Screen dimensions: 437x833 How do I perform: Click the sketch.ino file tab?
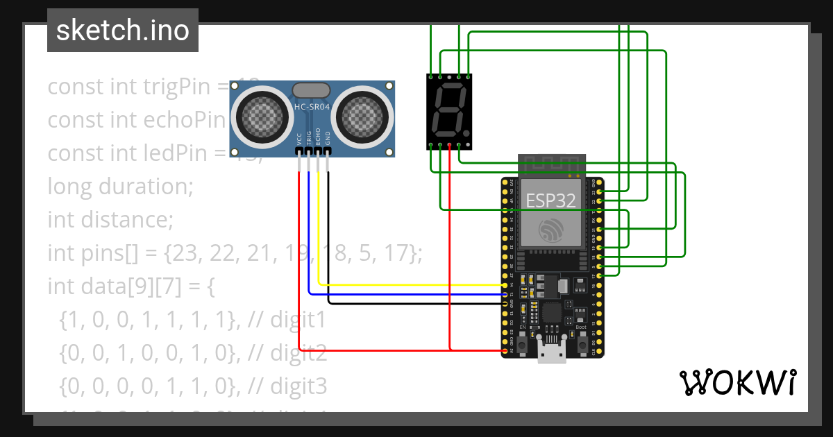[x=123, y=31]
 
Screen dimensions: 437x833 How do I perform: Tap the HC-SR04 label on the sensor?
[x=312, y=107]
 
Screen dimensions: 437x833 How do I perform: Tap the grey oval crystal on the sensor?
[x=312, y=89]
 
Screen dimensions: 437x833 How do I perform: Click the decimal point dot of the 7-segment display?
[x=467, y=133]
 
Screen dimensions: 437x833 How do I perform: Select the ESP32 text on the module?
[x=550, y=200]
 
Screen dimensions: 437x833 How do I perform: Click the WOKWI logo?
[x=737, y=382]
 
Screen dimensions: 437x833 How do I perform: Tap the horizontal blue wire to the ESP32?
[x=403, y=294]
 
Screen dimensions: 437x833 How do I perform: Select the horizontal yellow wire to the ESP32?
[x=410, y=284]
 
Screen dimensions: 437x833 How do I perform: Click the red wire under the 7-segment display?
[x=450, y=243]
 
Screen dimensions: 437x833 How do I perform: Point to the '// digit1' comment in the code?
[x=285, y=320]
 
